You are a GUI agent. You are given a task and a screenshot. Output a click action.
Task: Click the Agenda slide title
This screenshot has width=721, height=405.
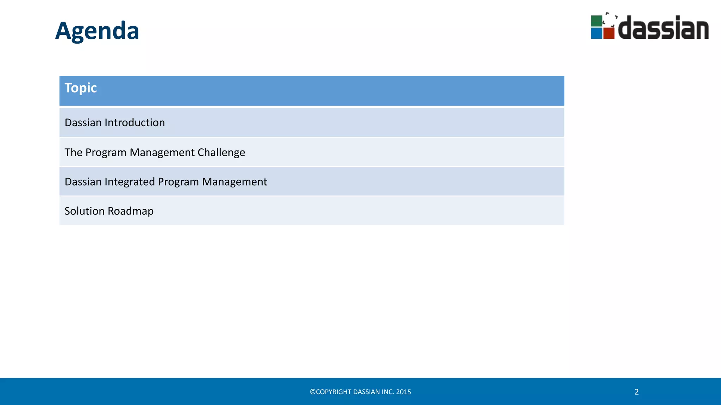(x=97, y=31)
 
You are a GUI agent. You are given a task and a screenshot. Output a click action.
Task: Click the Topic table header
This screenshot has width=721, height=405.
(x=81, y=88)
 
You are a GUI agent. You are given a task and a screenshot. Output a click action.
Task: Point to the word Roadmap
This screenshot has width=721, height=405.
(x=131, y=211)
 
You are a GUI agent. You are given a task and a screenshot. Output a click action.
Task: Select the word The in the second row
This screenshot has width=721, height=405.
(x=73, y=153)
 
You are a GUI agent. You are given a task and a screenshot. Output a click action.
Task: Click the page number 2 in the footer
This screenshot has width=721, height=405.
(x=637, y=392)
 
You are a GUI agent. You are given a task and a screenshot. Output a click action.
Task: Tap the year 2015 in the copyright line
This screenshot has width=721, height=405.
(x=403, y=392)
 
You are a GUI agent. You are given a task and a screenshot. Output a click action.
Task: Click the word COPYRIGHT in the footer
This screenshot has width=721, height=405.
(x=333, y=392)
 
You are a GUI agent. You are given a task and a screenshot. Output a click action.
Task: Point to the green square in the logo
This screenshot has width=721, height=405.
(x=596, y=21)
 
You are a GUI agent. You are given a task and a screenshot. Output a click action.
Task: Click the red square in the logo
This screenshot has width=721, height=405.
(x=609, y=33)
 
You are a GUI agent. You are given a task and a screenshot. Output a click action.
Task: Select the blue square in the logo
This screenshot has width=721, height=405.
(x=596, y=33)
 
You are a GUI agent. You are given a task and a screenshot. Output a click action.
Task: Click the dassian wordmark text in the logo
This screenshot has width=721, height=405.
(x=663, y=28)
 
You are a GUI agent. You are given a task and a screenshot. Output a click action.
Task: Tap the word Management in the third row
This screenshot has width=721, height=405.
(x=234, y=182)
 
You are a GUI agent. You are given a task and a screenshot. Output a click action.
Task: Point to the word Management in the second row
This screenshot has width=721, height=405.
(x=162, y=153)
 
